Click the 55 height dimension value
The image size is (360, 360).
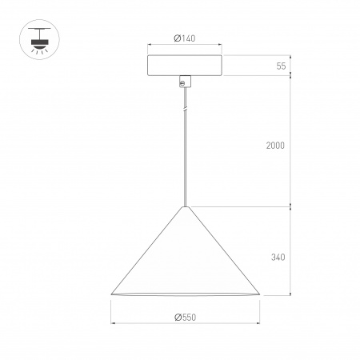pyautogui.click(x=282, y=66)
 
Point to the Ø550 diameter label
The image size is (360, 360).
pyautogui.click(x=185, y=318)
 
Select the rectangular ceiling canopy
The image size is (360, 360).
pyautogui.click(x=186, y=66)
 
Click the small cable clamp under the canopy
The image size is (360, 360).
pyautogui.click(x=186, y=81)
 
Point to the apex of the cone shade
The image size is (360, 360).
pyautogui.click(x=186, y=207)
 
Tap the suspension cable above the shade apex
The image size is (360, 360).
pyautogui.click(x=186, y=160)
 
